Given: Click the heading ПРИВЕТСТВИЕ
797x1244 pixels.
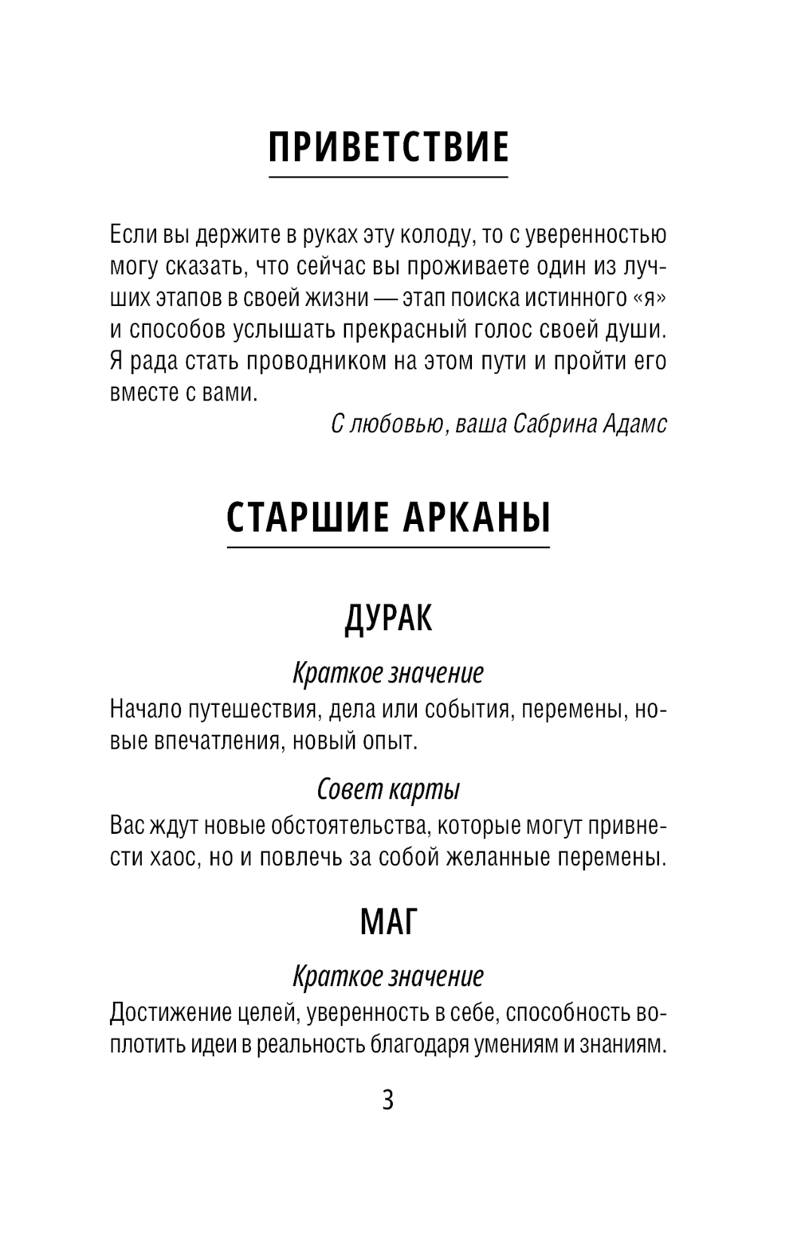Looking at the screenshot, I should tap(388, 147).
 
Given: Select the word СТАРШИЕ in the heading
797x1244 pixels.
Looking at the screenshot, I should tap(302, 518).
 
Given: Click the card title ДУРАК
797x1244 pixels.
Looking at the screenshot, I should tap(388, 618).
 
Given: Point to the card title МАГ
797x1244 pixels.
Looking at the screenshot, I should tap(388, 922).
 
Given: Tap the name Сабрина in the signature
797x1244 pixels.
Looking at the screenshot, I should tap(551, 424).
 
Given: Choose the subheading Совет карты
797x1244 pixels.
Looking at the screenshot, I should tap(388, 789).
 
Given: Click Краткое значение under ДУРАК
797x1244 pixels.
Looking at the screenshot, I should tap(388, 673).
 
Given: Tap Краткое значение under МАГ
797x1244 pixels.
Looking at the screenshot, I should tap(388, 976).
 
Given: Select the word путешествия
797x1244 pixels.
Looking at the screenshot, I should tap(252, 709).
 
